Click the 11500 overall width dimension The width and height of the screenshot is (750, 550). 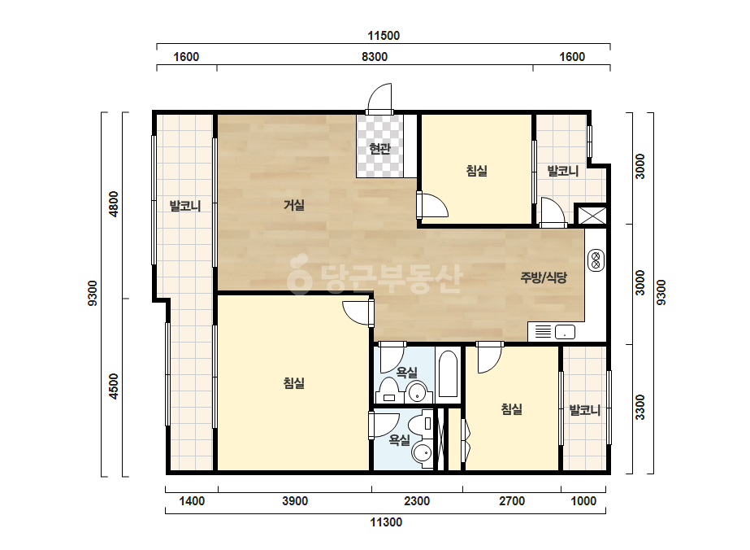tap(384, 36)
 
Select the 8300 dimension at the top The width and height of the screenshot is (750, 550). tap(375, 56)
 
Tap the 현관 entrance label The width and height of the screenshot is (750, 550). tap(380, 149)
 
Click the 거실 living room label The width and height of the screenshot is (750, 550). tap(294, 205)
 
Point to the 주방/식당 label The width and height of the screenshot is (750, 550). tap(544, 277)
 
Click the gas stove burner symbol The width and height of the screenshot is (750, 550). tap(596, 260)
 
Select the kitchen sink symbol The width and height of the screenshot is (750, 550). tap(565, 331)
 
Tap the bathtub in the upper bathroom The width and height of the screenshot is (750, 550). tap(448, 374)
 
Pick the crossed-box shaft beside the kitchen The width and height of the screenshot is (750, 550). tap(592, 216)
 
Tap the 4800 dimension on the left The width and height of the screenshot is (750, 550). tap(114, 204)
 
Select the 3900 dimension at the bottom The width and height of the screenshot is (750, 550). tap(295, 501)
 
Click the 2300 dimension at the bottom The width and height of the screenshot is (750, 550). tap(417, 501)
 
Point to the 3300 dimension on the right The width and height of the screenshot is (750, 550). tap(640, 408)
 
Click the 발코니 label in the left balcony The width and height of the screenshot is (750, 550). tap(185, 207)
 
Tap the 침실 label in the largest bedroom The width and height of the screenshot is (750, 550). tap(294, 383)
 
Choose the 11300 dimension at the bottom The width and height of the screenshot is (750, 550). tap(385, 522)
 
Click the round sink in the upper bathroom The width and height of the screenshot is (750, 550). tap(418, 392)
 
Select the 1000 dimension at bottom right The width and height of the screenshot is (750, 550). tap(583, 501)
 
